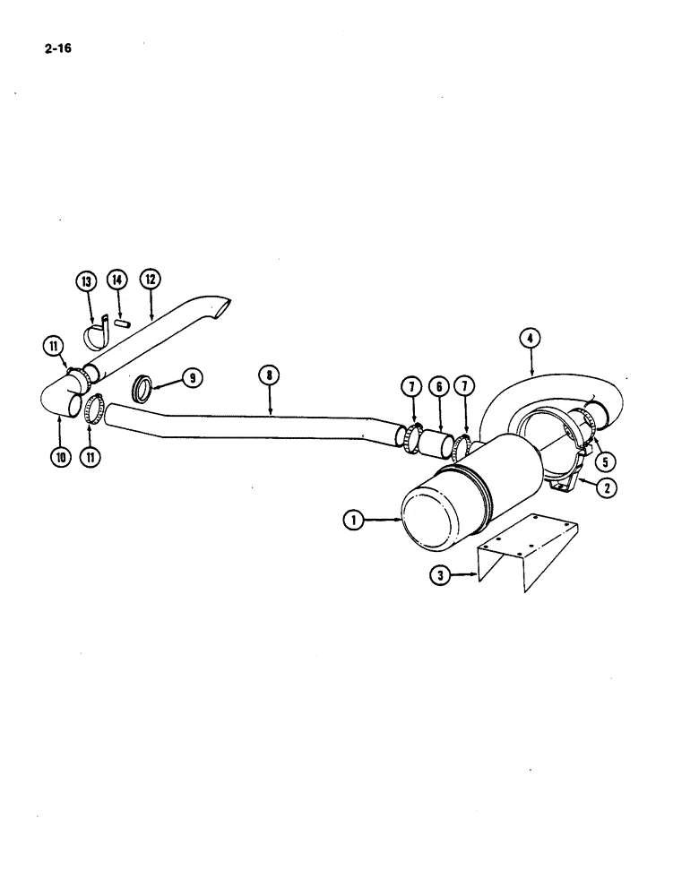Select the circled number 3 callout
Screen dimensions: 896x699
(439, 576)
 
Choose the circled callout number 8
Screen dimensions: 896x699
(269, 375)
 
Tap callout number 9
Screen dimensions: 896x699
(191, 377)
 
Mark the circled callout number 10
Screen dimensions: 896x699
(59, 456)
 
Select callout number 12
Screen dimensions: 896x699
(150, 280)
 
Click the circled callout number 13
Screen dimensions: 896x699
(87, 280)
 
